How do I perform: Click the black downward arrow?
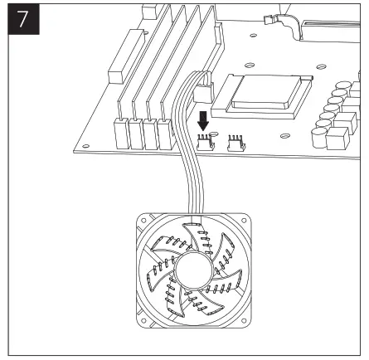202,119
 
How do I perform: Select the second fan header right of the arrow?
235,144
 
